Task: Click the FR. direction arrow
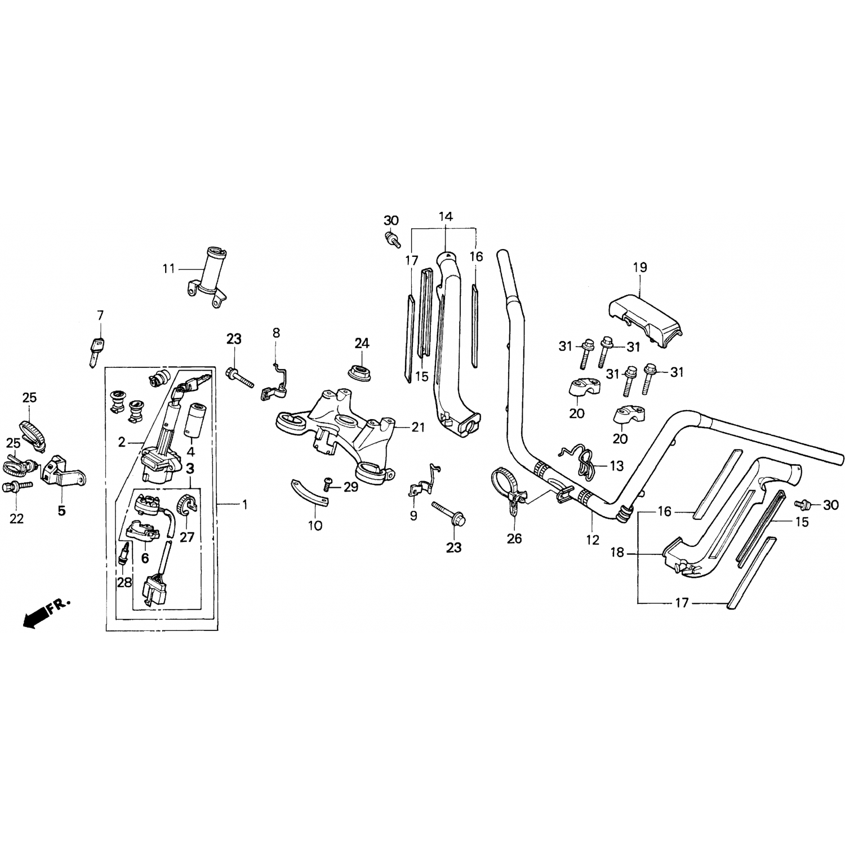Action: [46, 612]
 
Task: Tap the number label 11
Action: [169, 269]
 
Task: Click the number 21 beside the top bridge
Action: [417, 428]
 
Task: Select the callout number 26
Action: [514, 539]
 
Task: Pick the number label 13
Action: [617, 466]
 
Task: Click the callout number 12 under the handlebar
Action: [592, 540]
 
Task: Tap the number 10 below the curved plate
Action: [315, 526]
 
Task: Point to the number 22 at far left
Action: [16, 518]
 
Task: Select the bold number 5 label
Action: [61, 510]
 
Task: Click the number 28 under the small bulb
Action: [124, 582]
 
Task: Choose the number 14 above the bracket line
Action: [445, 216]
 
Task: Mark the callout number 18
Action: [617, 553]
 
